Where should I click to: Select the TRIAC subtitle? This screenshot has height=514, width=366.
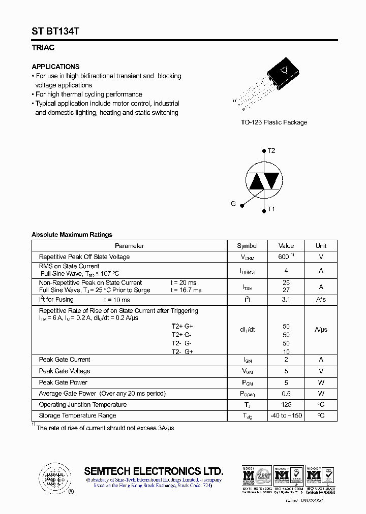43,48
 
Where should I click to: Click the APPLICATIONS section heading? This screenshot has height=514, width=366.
55,67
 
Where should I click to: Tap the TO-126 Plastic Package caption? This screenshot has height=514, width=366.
273,122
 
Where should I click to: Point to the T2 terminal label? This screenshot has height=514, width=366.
271,151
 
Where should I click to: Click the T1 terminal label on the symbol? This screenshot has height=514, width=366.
271,209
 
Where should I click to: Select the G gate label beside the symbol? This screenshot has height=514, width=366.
233,204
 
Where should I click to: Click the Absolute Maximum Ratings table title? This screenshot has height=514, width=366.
72,235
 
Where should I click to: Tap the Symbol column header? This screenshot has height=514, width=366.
247,246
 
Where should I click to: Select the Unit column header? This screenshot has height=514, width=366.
321,246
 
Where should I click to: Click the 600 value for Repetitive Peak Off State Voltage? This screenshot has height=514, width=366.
284,257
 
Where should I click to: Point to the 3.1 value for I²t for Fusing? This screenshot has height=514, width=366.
286,300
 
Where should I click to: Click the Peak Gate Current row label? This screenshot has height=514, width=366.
65,360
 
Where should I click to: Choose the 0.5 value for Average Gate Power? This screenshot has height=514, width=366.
286,394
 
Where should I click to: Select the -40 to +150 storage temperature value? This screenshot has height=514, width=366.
286,416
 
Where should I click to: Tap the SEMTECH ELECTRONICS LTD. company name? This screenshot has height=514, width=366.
154,470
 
